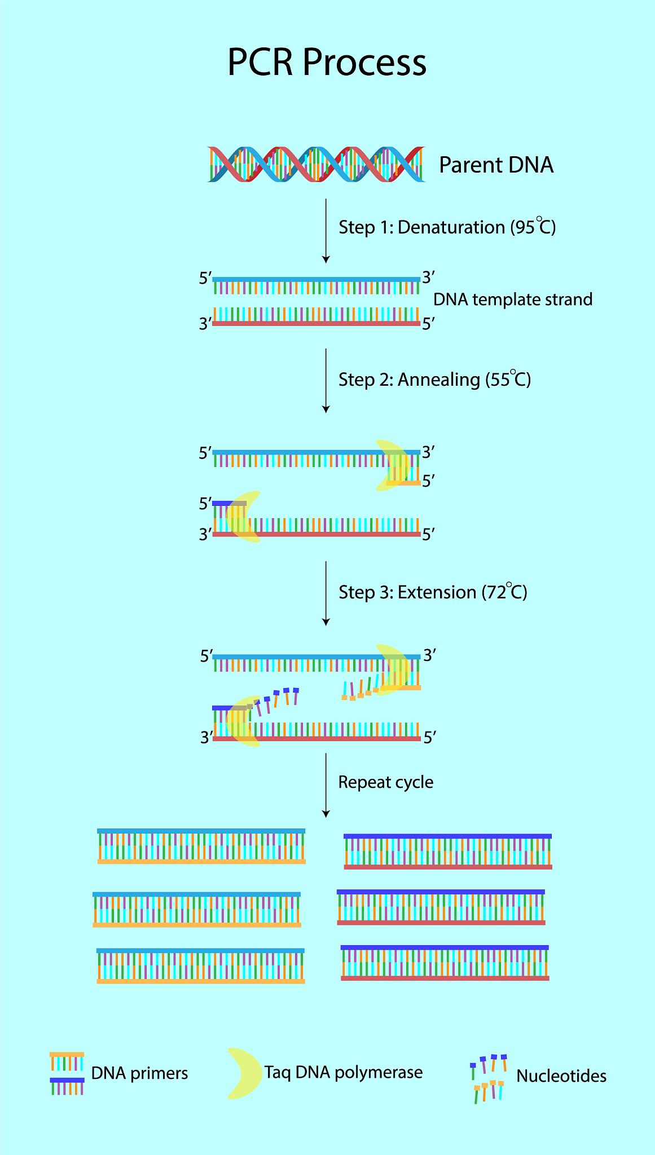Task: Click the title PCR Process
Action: pyautogui.click(x=327, y=62)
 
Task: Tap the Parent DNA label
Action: pyautogui.click(x=496, y=165)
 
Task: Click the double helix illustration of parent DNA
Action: pyautogui.click(x=316, y=164)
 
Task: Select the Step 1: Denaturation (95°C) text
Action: pyautogui.click(x=447, y=227)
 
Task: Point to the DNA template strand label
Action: pyautogui.click(x=512, y=299)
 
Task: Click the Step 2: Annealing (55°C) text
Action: pyautogui.click(x=434, y=379)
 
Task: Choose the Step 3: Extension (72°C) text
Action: pyautogui.click(x=433, y=592)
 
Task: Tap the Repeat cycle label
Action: pyautogui.click(x=385, y=782)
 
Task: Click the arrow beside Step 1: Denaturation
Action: pyautogui.click(x=326, y=231)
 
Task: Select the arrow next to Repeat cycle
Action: pyautogui.click(x=326, y=784)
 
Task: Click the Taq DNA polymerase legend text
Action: pyautogui.click(x=343, y=1072)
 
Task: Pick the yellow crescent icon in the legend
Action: pyautogui.click(x=243, y=1074)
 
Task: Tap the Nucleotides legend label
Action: pyautogui.click(x=561, y=1076)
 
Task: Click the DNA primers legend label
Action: pyautogui.click(x=139, y=1073)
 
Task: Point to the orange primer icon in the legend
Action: pyautogui.click(x=67, y=1061)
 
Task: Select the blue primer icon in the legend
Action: pyautogui.click(x=67, y=1086)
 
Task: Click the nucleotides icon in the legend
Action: pyautogui.click(x=489, y=1078)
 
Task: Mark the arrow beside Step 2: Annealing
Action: pyautogui.click(x=326, y=381)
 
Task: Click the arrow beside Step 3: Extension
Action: pyautogui.click(x=326, y=593)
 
